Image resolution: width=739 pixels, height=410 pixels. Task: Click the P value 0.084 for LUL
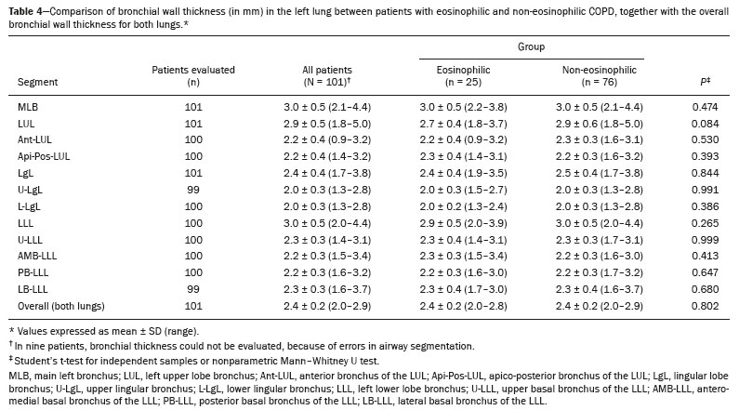pyautogui.click(x=705, y=124)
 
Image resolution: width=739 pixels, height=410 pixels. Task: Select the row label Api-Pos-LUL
pyautogui.click(x=44, y=156)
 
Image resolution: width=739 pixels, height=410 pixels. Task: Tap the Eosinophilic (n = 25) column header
pyautogui.click(x=463, y=76)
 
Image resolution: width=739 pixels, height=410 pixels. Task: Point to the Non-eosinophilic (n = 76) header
pyautogui.click(x=599, y=76)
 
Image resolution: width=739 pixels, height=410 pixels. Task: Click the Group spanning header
pyautogui.click(x=531, y=46)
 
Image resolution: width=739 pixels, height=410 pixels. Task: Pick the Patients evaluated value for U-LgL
pyautogui.click(x=193, y=190)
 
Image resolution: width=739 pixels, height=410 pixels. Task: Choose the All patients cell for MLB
pyautogui.click(x=327, y=107)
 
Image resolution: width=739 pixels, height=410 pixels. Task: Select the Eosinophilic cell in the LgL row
pyautogui.click(x=463, y=174)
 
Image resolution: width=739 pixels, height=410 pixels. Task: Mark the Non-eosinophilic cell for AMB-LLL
pyautogui.click(x=599, y=256)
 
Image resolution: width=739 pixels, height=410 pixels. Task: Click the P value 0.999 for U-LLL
pyautogui.click(x=705, y=240)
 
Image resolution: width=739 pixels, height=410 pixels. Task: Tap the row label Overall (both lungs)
pyautogui.click(x=61, y=306)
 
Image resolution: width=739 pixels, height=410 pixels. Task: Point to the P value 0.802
pyautogui.click(x=705, y=306)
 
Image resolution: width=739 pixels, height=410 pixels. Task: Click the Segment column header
pyautogui.click(x=38, y=82)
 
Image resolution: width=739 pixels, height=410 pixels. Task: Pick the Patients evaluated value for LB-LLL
pyautogui.click(x=193, y=289)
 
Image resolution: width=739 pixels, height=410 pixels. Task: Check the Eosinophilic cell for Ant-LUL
pyautogui.click(x=463, y=140)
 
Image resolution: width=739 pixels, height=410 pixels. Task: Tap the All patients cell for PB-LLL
pyautogui.click(x=327, y=272)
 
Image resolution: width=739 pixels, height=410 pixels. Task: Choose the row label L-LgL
pyautogui.click(x=29, y=207)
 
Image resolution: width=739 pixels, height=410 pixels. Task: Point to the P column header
pyautogui.click(x=705, y=81)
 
